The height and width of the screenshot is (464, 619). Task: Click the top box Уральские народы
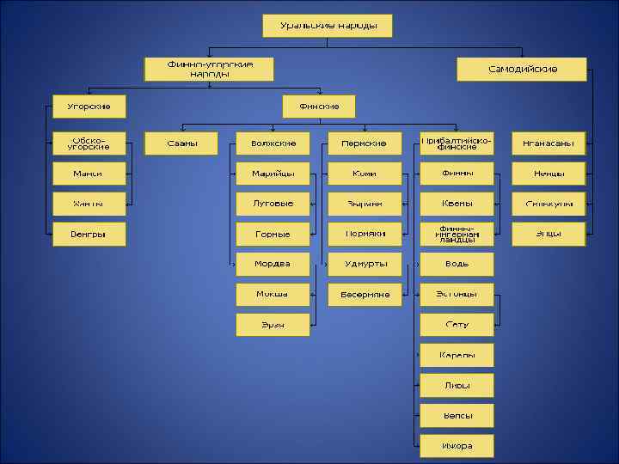coord(327,26)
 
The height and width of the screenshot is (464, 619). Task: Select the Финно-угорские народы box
coord(209,69)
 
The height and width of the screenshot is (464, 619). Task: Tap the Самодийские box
coord(522,69)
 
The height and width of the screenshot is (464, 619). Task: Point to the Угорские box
coord(88,107)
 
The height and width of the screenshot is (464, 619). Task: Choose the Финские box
coord(319,107)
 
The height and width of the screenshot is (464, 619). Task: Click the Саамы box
coord(181,143)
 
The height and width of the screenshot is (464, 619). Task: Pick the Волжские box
coord(273,143)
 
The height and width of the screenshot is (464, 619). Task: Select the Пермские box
coord(365,143)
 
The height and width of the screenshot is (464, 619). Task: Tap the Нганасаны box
coord(549,143)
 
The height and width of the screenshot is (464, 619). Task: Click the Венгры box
coord(88,234)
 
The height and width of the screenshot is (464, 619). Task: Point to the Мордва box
coord(273,264)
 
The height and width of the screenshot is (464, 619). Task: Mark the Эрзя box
coord(273,325)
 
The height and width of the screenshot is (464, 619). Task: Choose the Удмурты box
coord(365,264)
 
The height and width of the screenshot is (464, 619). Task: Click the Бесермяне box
coord(365,295)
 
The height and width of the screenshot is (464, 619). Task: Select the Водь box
coord(457,264)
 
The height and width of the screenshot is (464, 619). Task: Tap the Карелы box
coord(457,355)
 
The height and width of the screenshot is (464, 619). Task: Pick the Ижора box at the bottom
coord(457,446)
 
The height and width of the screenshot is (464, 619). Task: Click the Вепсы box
coord(457,416)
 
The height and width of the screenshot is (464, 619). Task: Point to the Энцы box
coord(549,234)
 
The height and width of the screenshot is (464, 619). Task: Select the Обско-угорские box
coord(88,143)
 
